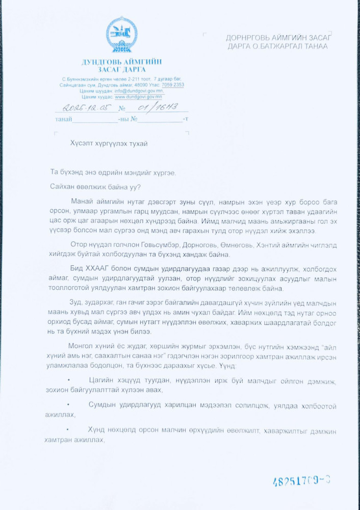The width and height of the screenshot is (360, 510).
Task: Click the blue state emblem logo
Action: [121, 35]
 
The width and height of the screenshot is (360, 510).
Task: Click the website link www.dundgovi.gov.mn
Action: [138, 96]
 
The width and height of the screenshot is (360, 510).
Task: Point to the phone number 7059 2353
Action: [173, 85]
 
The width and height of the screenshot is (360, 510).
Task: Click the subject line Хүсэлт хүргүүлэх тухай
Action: [109, 143]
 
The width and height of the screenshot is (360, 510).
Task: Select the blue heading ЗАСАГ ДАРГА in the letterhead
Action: [121, 69]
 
